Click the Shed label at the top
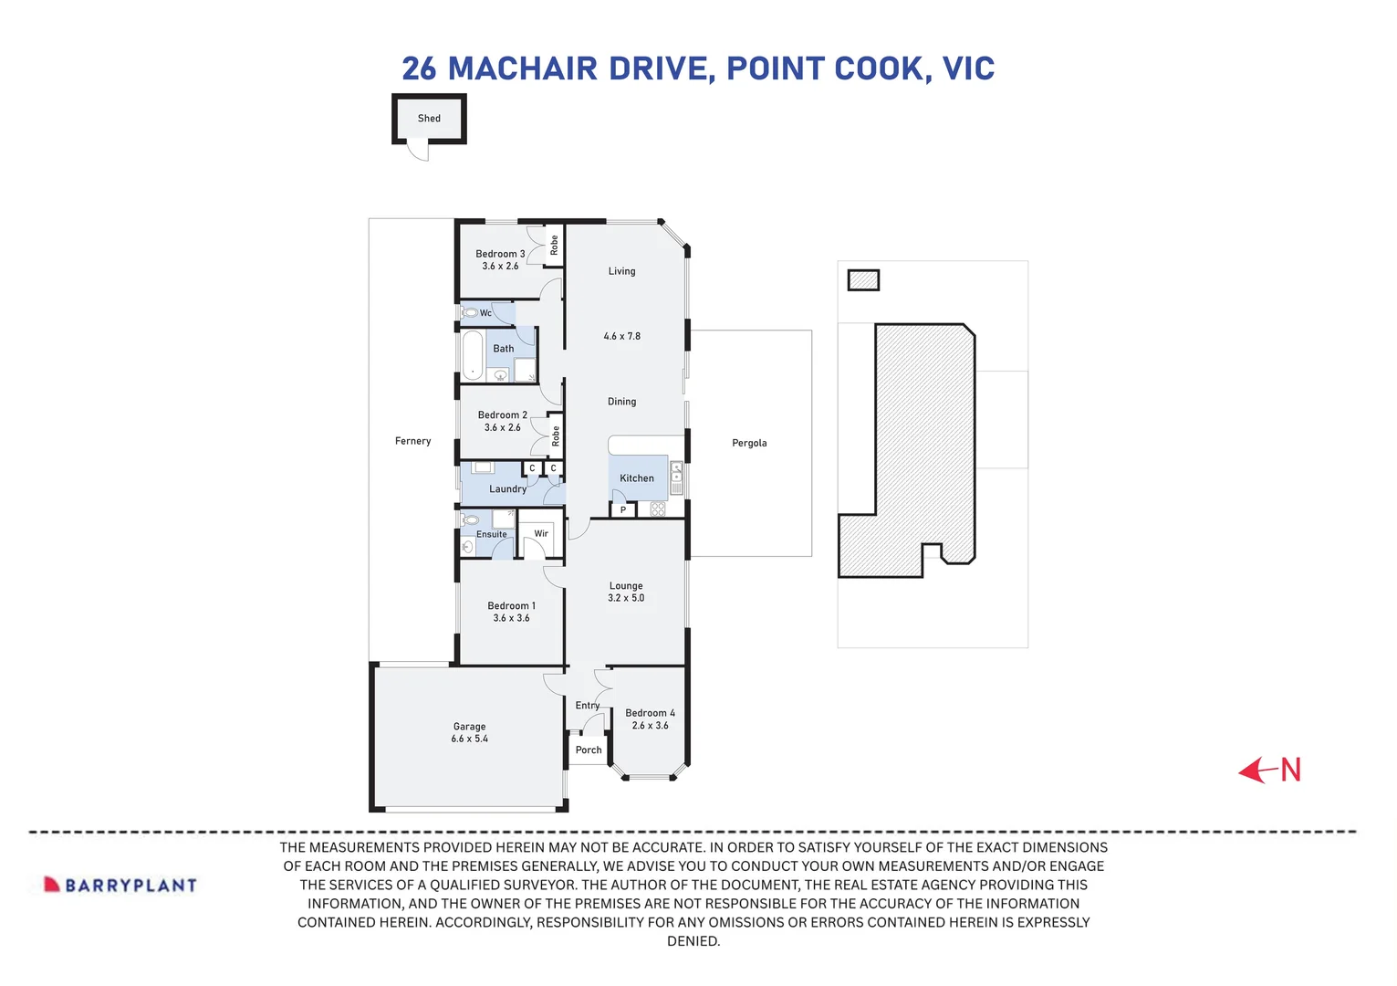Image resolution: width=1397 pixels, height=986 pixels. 429,119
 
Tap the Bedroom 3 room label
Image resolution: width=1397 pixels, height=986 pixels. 500,254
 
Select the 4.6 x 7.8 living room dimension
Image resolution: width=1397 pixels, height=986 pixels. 621,336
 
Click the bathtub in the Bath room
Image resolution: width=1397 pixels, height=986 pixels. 472,354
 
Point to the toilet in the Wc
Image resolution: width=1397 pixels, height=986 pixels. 470,313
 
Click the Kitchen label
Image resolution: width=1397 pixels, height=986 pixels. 636,478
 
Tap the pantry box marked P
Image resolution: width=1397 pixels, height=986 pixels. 623,510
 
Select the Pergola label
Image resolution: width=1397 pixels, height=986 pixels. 749,443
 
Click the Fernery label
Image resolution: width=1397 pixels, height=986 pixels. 412,441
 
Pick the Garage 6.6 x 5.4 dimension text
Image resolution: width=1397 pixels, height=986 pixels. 469,739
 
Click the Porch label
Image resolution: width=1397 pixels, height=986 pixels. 589,750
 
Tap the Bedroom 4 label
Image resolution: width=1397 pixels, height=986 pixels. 650,713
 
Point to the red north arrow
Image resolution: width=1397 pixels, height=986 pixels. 1268,771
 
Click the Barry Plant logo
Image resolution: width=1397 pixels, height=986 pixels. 120,885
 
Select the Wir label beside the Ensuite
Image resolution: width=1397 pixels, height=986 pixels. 541,534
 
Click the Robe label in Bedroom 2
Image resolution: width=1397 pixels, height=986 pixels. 555,436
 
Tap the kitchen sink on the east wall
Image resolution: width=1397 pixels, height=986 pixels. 676,473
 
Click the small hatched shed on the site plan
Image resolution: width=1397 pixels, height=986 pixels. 863,280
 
